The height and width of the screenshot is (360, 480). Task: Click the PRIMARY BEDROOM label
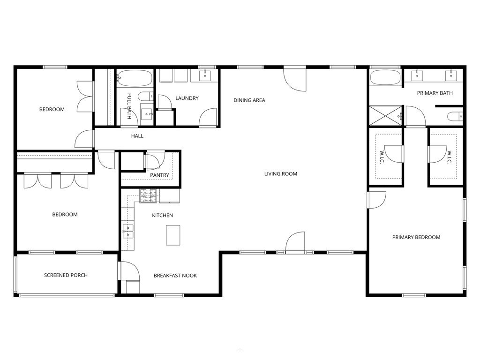(x=416, y=237)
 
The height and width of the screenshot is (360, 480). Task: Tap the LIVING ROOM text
(x=281, y=174)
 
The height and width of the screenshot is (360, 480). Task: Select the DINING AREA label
(x=249, y=100)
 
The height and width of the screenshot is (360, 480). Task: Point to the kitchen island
(x=173, y=235)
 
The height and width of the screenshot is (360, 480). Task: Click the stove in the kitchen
(x=149, y=196)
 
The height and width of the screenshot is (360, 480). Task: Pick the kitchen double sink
(x=127, y=229)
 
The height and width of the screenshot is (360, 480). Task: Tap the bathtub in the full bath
(x=135, y=78)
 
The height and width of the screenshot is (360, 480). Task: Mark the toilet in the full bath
(x=146, y=97)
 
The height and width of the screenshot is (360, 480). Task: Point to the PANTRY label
(x=159, y=175)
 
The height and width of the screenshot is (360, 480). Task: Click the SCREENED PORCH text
(x=66, y=275)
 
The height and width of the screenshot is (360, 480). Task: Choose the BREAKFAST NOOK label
(x=175, y=276)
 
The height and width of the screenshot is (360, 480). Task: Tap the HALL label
(x=137, y=136)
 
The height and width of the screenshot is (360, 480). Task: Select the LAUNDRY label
(x=187, y=98)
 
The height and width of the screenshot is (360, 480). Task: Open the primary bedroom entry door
(x=376, y=200)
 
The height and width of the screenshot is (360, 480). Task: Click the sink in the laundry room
(x=205, y=75)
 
